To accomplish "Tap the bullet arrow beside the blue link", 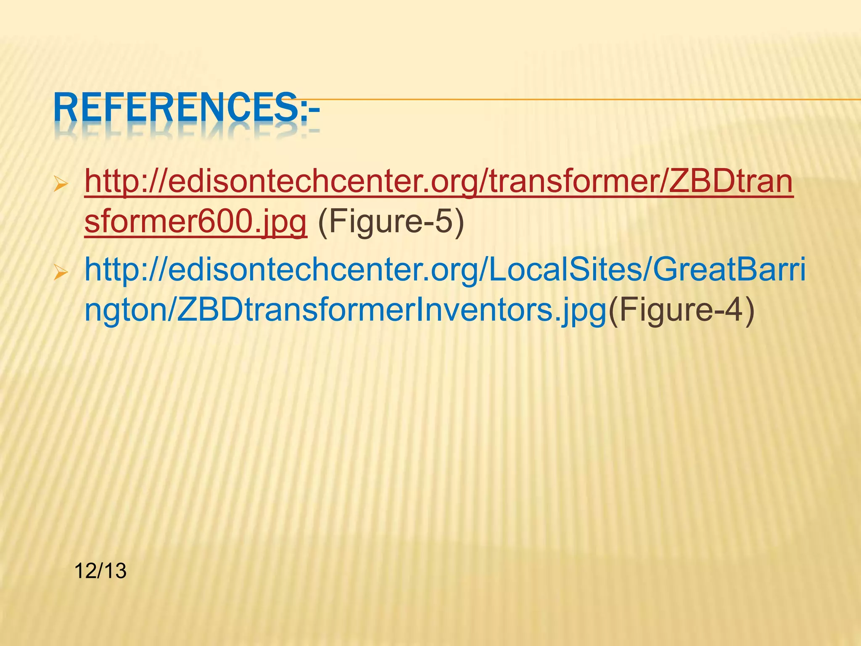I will [61, 275].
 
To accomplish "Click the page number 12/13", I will [100, 571].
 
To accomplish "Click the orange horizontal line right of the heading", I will [589, 100].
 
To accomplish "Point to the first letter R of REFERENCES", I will [63, 109].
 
